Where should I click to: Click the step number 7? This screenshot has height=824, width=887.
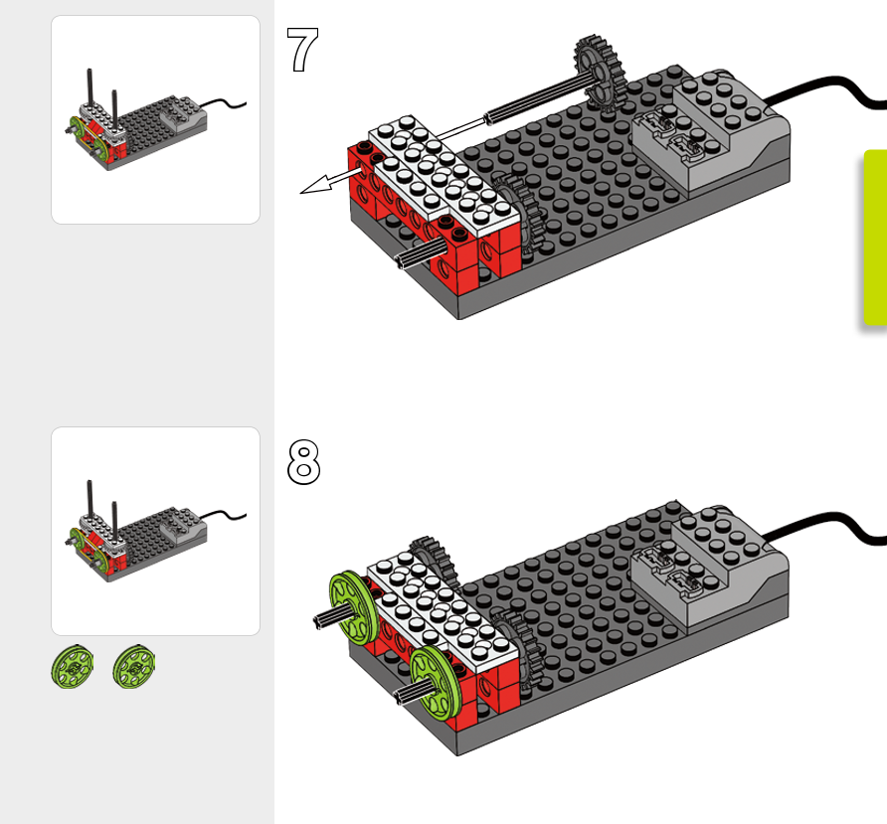click(x=302, y=50)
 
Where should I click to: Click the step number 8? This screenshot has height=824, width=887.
click(x=303, y=462)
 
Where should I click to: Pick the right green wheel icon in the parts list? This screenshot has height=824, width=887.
click(x=133, y=667)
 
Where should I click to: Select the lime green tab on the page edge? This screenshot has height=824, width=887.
click(x=874, y=239)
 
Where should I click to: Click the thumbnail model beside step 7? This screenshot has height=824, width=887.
click(x=139, y=124)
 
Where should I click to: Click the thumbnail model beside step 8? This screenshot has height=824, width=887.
click(x=139, y=537)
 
